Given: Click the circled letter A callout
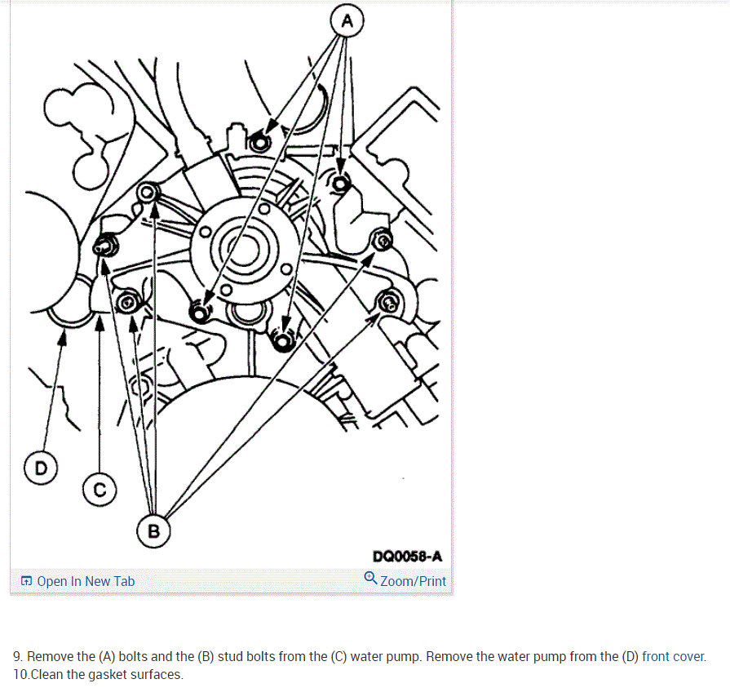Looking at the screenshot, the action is point(347,21).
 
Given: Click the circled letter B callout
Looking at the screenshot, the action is point(153,531).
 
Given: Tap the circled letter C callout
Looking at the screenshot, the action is point(100,490).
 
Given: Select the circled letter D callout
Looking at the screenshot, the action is point(41,468).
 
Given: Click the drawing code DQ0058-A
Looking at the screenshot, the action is point(407,556).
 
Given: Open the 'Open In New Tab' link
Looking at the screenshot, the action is point(86,581).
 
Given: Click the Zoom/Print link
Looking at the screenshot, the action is point(413,581).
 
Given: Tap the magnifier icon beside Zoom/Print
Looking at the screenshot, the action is point(370,578).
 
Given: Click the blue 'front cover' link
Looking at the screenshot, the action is point(673,656).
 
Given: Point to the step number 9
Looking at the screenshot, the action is point(17,656).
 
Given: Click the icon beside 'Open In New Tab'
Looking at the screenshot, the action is point(27,581).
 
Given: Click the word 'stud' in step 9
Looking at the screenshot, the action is point(230,656).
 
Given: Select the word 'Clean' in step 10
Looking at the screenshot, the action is point(46,674).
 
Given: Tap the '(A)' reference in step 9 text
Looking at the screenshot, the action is point(107,656).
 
